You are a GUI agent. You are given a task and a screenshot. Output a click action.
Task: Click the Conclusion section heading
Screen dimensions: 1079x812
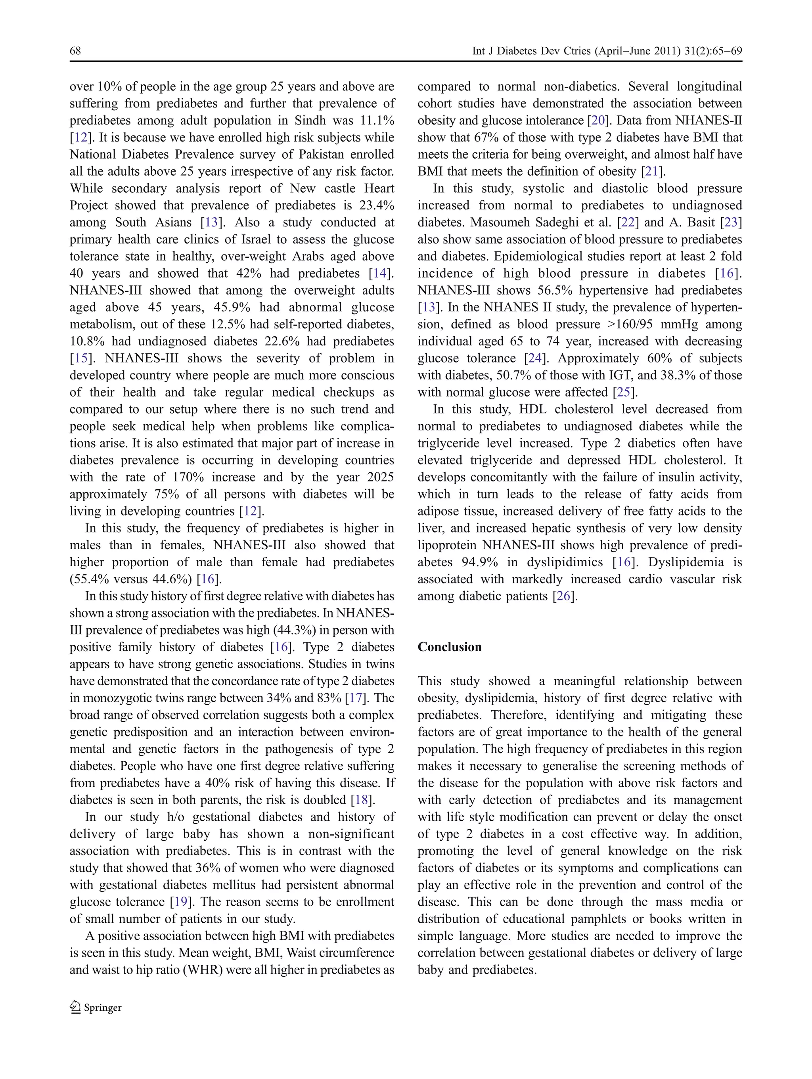pos(449,647)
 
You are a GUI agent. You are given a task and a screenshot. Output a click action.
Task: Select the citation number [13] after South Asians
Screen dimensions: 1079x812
pos(211,222)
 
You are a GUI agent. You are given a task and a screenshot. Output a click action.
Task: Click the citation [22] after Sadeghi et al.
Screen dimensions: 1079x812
pos(626,222)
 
